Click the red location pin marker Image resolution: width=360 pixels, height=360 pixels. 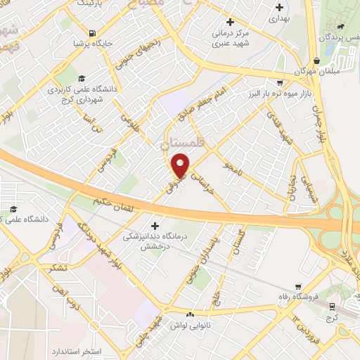click(x=181, y=165)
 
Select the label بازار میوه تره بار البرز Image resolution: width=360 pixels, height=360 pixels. click(x=276, y=94)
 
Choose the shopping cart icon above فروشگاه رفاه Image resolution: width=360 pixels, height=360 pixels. click(x=300, y=287)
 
